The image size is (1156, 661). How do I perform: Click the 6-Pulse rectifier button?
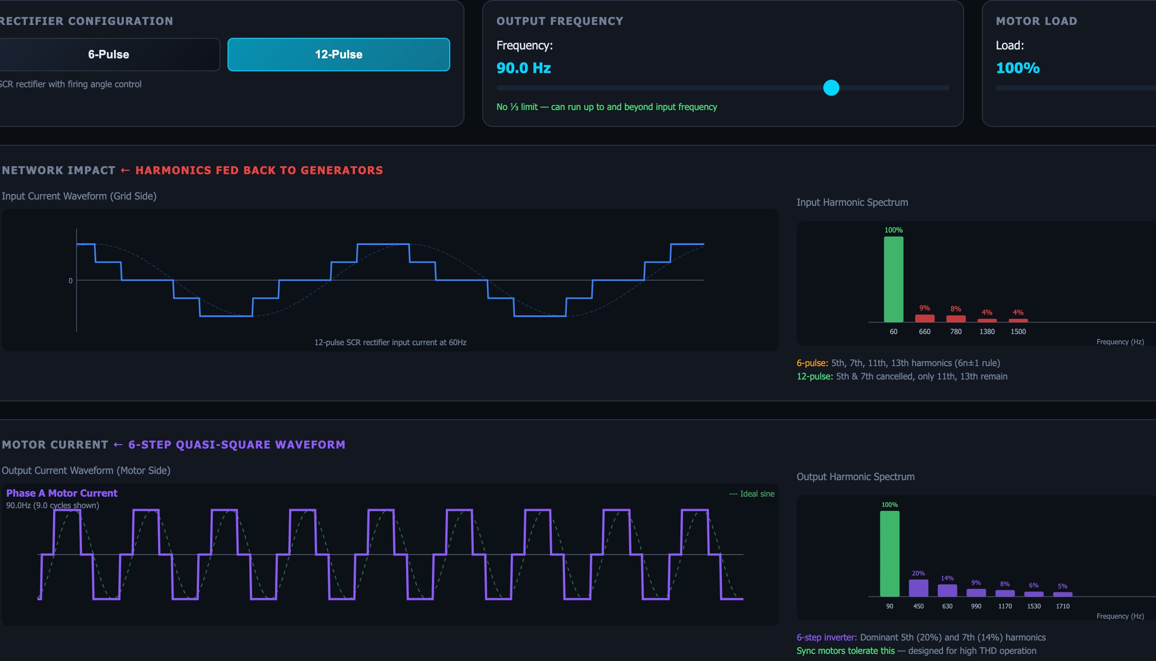click(109, 54)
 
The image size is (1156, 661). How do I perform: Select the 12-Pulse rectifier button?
click(338, 54)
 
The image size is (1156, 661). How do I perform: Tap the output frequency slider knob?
click(831, 88)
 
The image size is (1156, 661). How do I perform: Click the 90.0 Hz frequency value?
click(523, 68)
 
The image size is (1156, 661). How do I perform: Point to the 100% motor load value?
click(1018, 68)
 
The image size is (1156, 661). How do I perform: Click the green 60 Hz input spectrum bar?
click(893, 279)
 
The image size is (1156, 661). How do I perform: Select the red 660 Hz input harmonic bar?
click(924, 318)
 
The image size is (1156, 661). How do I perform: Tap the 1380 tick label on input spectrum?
click(987, 331)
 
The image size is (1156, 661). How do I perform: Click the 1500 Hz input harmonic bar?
click(1018, 321)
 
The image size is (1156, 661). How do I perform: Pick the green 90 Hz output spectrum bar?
click(890, 553)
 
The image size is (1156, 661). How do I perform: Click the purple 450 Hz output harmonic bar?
click(918, 588)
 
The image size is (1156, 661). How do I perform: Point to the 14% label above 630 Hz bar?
click(947, 578)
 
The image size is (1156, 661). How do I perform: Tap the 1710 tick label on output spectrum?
click(1062, 606)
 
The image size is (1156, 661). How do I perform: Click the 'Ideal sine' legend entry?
click(752, 494)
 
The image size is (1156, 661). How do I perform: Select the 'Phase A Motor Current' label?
click(62, 493)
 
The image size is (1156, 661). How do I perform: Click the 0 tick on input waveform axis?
click(70, 281)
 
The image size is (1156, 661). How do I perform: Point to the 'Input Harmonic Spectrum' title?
click(852, 203)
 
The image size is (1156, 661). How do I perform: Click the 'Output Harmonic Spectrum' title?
click(855, 477)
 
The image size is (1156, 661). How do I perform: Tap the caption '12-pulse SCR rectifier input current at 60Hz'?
click(390, 342)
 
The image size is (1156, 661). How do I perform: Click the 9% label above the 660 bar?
click(924, 308)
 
